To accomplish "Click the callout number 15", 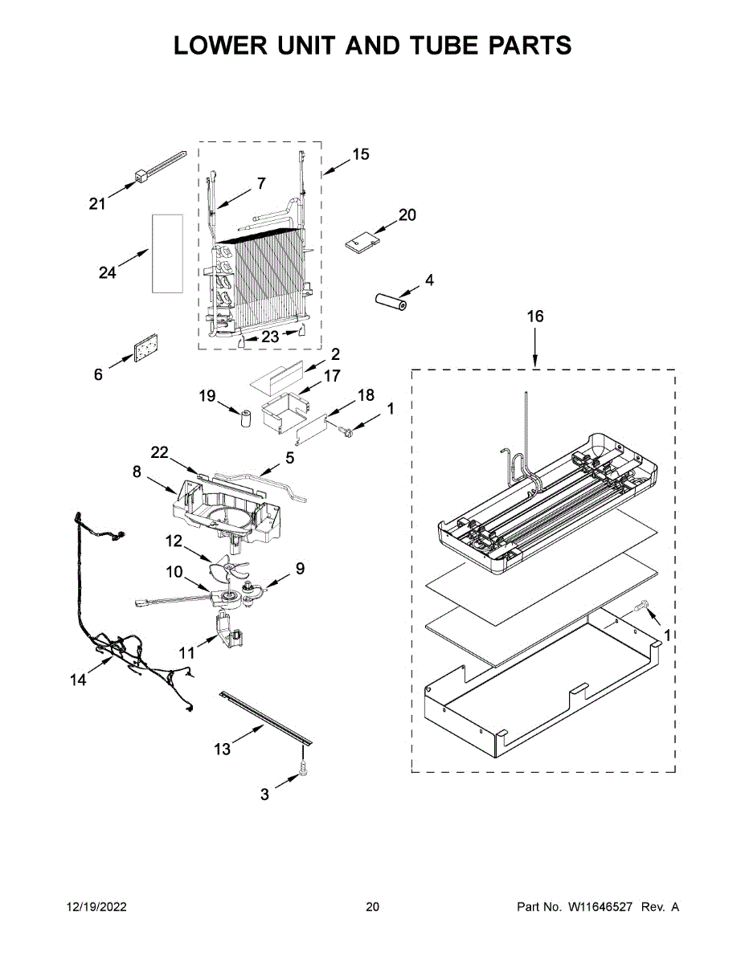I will [x=361, y=153].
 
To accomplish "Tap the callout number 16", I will [x=535, y=316].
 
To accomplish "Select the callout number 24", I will [x=107, y=273].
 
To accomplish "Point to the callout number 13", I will [x=223, y=749].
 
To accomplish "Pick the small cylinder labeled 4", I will [x=391, y=303].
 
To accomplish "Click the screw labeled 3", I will [x=304, y=768].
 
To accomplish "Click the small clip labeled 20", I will [x=363, y=239].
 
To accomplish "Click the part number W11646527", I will [x=602, y=907].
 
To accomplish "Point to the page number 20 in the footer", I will [x=372, y=907].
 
